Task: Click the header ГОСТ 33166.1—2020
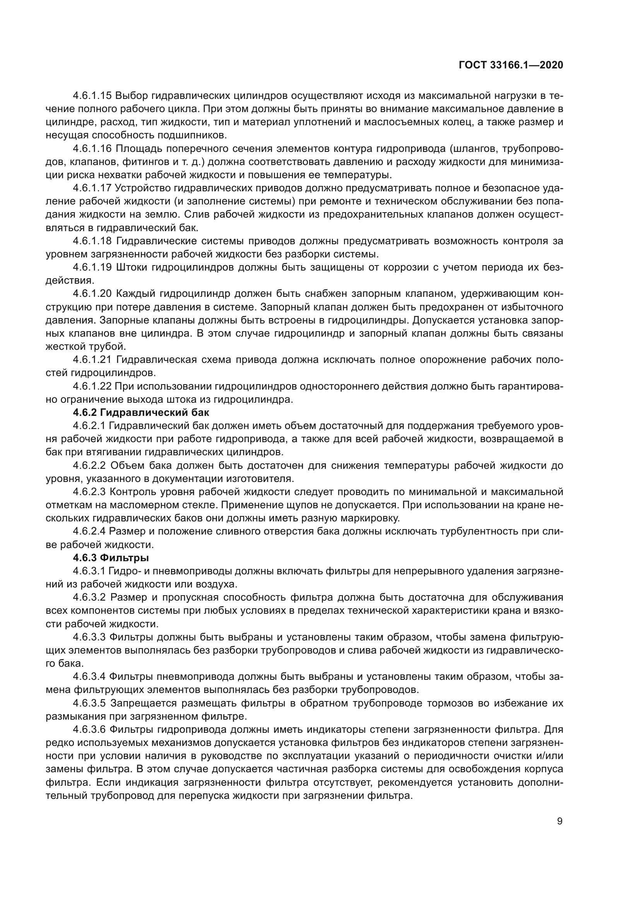pos(511,65)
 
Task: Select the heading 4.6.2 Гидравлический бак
pos(141,413)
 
